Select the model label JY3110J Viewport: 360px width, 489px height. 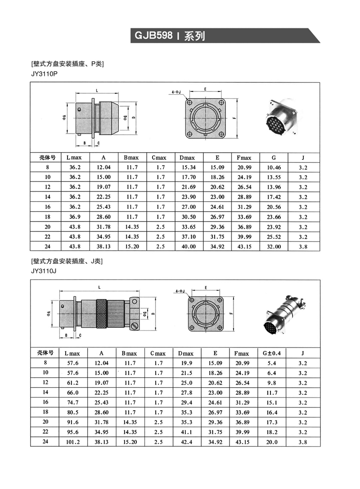point(44,271)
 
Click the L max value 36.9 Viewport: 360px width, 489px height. point(75,217)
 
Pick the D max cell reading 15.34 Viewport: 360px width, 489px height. point(188,168)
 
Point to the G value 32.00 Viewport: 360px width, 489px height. point(274,247)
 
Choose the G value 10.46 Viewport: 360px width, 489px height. point(274,168)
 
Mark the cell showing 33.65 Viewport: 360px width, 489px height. point(188,227)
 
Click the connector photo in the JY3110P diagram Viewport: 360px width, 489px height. point(279,117)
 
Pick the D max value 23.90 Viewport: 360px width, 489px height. point(188,197)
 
